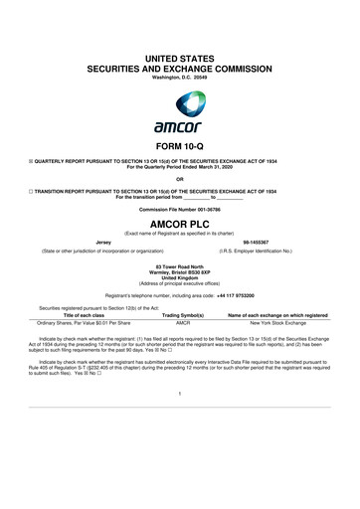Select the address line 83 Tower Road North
(180, 263)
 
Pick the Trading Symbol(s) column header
(183, 314)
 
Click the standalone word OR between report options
(180, 179)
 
